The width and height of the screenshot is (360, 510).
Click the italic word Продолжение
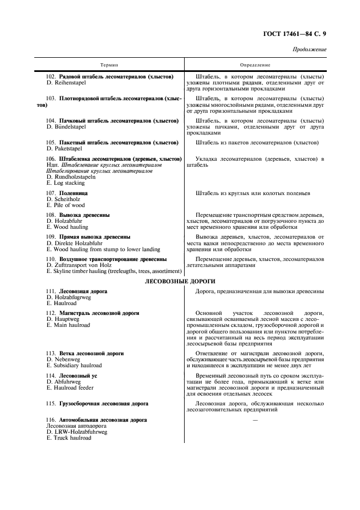coord(309,50)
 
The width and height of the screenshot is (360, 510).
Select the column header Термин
coord(109,65)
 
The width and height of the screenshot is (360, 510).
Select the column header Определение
coord(255,65)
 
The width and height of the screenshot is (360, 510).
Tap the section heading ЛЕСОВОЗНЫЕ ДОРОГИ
coord(180,281)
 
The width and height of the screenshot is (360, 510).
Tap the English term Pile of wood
coord(65,205)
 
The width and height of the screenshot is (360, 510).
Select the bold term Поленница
coord(73,193)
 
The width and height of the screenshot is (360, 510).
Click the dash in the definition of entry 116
coord(255,420)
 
